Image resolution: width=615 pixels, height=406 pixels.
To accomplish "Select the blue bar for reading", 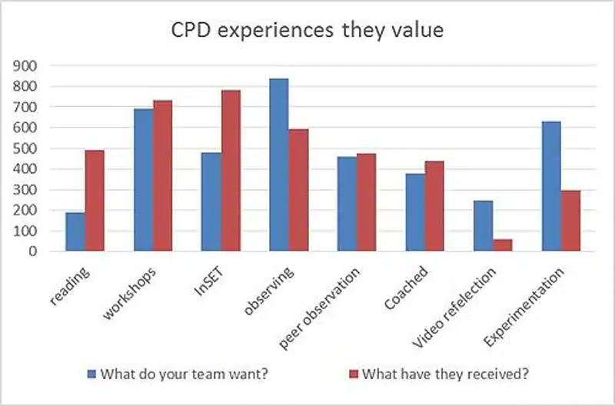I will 75,231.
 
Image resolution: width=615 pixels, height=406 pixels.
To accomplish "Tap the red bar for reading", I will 95,200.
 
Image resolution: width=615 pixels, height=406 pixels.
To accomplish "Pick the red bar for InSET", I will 231,170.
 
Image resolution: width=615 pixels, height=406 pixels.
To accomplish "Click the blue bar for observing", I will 279,165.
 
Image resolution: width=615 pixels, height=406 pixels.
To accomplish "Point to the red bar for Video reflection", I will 503,245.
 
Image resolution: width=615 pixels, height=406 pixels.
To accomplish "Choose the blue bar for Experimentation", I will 551,186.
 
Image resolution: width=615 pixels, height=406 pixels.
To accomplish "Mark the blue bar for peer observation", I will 347,203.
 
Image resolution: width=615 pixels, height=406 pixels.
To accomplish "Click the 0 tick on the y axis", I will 32,251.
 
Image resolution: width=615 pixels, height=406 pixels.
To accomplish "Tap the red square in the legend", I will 354,375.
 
